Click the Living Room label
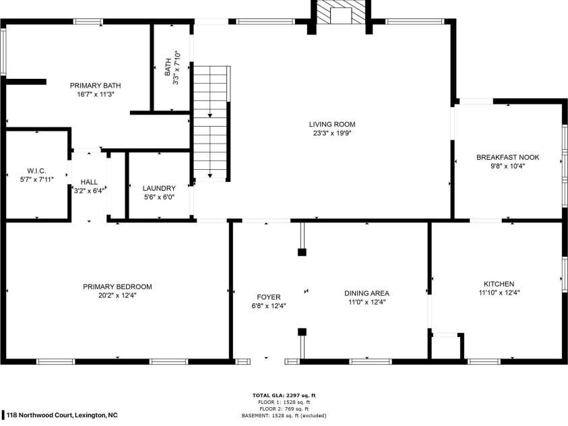(x=332, y=124)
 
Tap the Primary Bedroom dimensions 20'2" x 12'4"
(x=117, y=295)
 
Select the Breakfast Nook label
(x=508, y=157)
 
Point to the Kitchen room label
(x=499, y=284)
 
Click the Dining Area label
(x=367, y=293)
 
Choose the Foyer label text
(x=268, y=297)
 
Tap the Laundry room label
(x=159, y=188)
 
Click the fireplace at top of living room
(x=340, y=13)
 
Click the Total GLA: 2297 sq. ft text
(x=284, y=395)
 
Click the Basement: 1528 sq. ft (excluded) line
(x=284, y=416)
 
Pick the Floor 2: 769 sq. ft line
(x=284, y=409)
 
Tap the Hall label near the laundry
(x=89, y=182)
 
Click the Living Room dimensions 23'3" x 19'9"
(x=332, y=133)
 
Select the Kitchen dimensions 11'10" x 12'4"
(x=499, y=293)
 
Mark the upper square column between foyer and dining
(x=302, y=253)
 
